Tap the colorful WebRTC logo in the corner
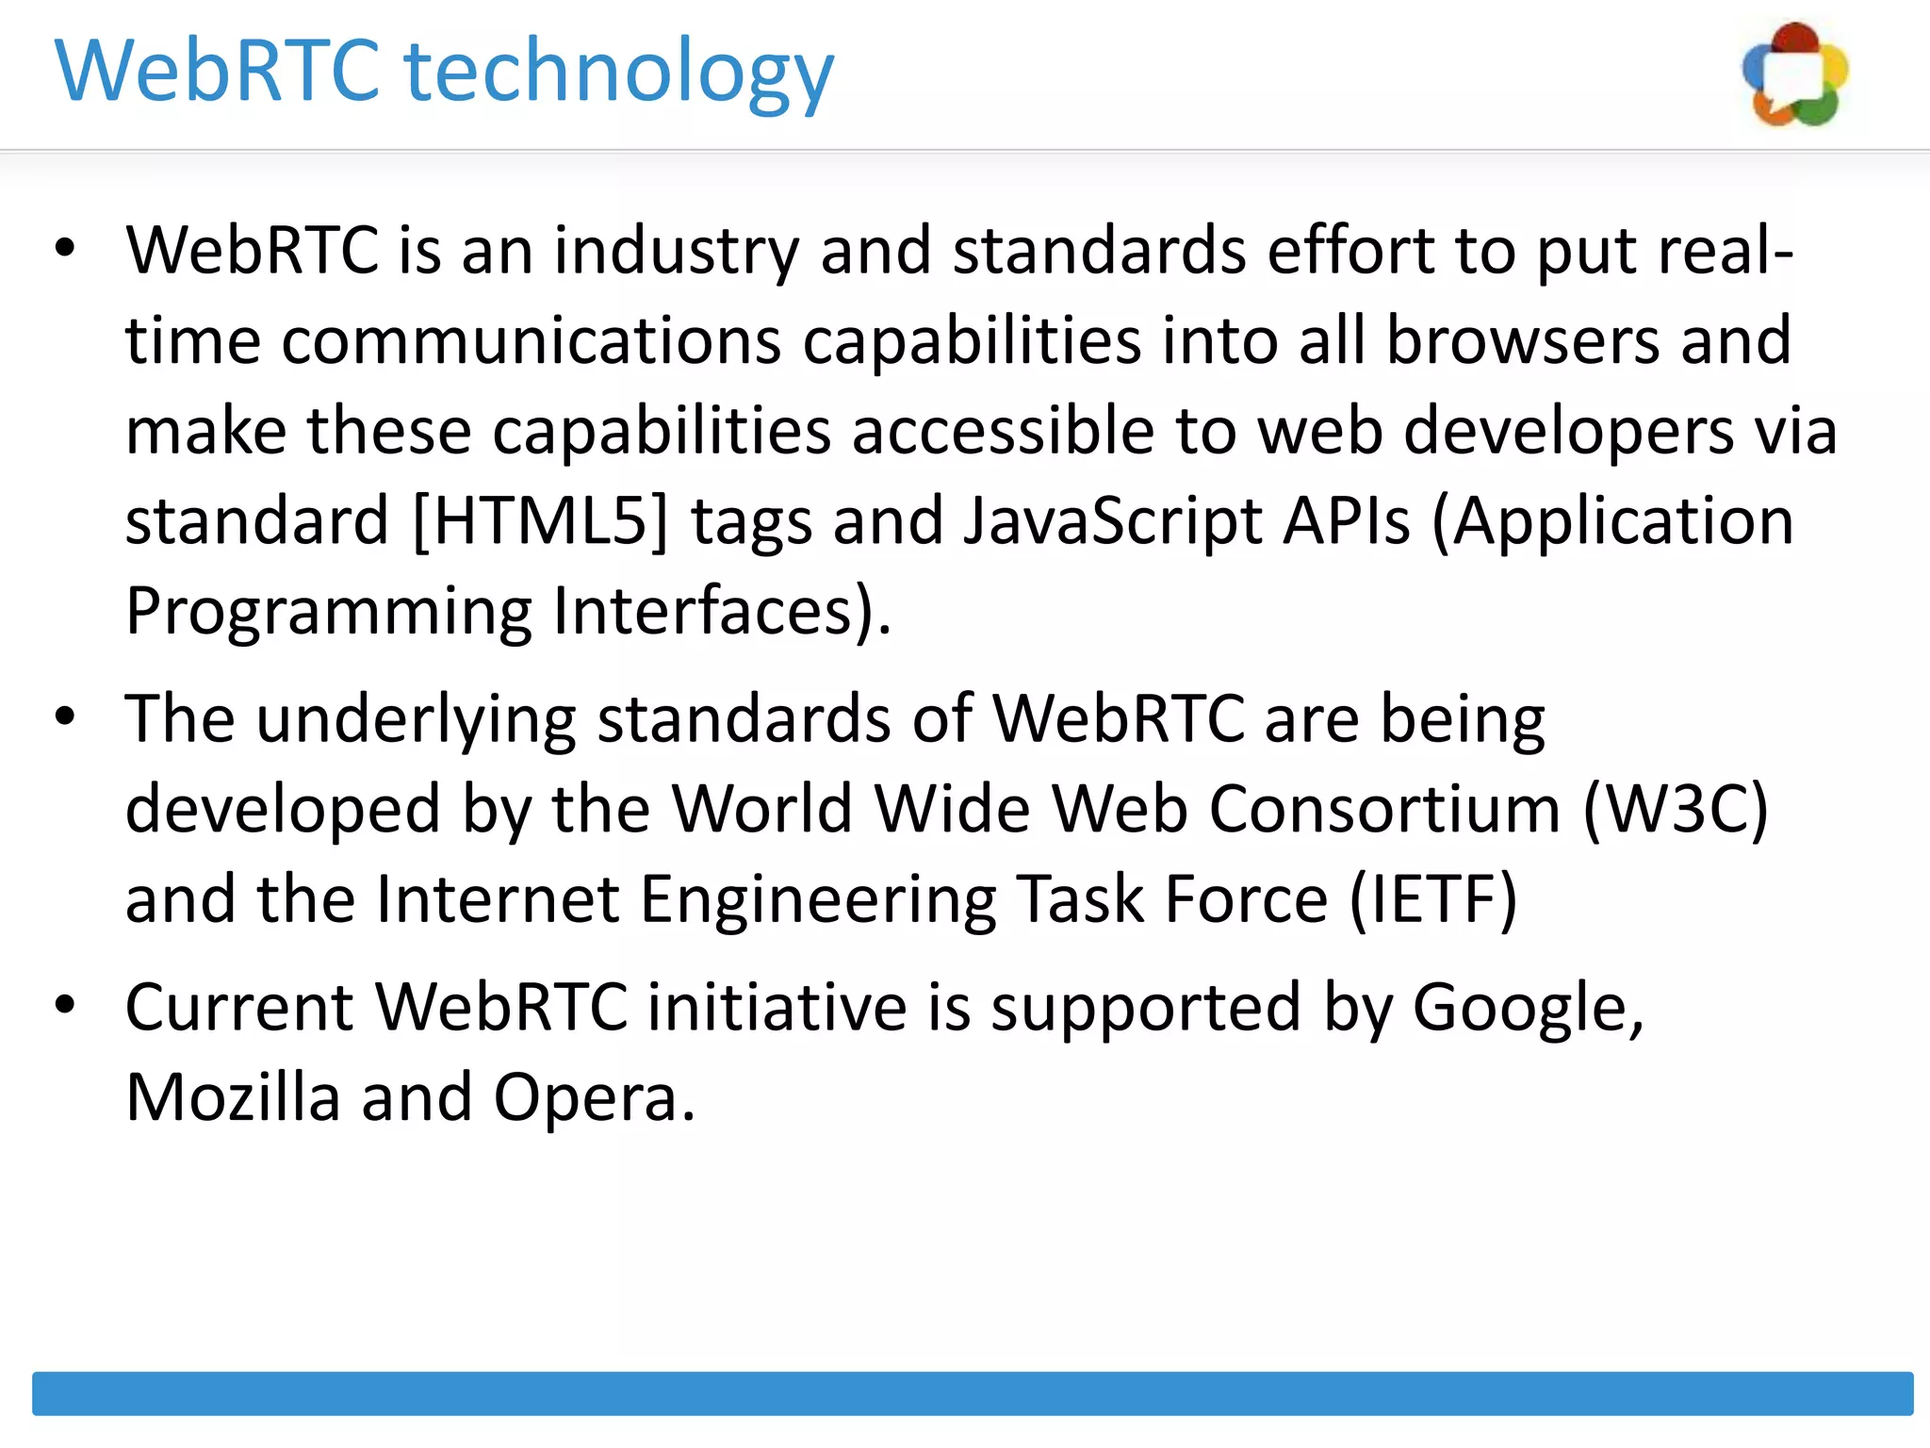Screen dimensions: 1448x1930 click(1795, 75)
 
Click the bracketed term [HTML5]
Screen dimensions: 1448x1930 click(540, 521)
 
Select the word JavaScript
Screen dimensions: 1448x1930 click(1112, 521)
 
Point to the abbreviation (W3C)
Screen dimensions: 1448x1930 click(1675, 810)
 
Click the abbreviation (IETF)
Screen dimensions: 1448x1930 click(1433, 899)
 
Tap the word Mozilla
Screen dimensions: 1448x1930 click(233, 1098)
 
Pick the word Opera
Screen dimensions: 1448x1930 click(594, 1098)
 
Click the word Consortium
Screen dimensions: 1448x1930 click(1384, 810)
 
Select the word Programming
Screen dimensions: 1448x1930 click(329, 612)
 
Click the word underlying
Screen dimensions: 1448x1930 click(416, 720)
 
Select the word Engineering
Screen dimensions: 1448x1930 click(818, 899)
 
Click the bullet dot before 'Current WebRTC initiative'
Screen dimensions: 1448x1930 click(64, 1006)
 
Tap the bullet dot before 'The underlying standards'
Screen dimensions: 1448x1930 click(64, 717)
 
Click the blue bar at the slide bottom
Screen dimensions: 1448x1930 click(973, 1393)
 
